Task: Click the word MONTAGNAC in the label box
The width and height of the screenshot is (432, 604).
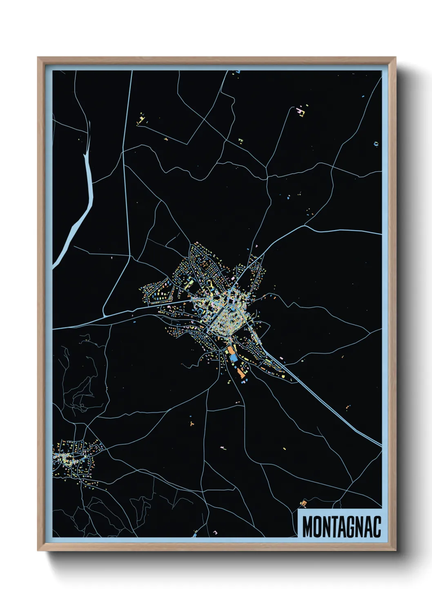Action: (x=341, y=526)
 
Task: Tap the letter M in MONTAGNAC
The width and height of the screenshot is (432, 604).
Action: (x=307, y=527)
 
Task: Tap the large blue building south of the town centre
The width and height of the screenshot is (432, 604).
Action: (x=233, y=358)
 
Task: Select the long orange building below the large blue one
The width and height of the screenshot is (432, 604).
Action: (x=240, y=372)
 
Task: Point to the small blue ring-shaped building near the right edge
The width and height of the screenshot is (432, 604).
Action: (x=376, y=144)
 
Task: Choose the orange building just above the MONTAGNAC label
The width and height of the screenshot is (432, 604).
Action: (x=303, y=503)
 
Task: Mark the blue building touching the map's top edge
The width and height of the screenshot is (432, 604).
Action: (x=238, y=72)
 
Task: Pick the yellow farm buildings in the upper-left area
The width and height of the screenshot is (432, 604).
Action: (x=141, y=119)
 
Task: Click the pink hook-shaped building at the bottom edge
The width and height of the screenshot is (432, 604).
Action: (x=215, y=533)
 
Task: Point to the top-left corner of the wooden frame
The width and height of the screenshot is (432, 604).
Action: (x=38, y=58)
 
